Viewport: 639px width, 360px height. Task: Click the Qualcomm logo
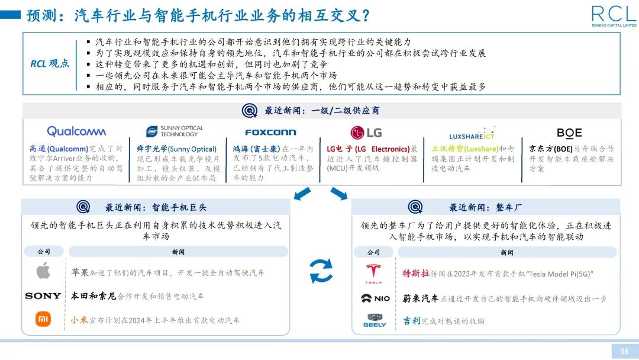[x=76, y=131]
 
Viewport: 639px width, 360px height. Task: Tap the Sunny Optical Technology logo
[x=175, y=131]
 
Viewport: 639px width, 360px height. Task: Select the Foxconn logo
[x=270, y=132]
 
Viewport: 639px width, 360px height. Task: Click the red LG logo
[x=366, y=132]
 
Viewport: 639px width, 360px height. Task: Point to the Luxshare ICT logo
[x=472, y=133]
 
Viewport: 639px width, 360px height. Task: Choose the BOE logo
[x=569, y=133]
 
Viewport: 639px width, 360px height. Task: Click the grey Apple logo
[x=43, y=272]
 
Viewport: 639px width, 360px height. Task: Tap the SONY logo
[x=43, y=295]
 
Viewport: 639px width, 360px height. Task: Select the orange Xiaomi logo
[x=43, y=320]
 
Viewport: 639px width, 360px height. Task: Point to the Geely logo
[x=374, y=320]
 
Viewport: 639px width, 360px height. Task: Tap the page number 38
[x=624, y=351]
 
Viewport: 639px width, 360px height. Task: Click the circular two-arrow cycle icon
[x=321, y=272]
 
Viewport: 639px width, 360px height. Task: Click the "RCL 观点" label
[x=50, y=64]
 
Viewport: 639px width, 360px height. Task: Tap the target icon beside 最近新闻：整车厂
[x=415, y=207]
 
